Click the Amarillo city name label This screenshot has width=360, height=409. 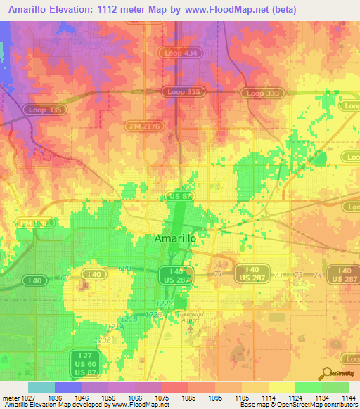174,239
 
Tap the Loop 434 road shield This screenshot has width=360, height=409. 184,53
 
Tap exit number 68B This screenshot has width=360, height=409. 126,268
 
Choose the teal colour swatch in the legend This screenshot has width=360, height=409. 41,387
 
